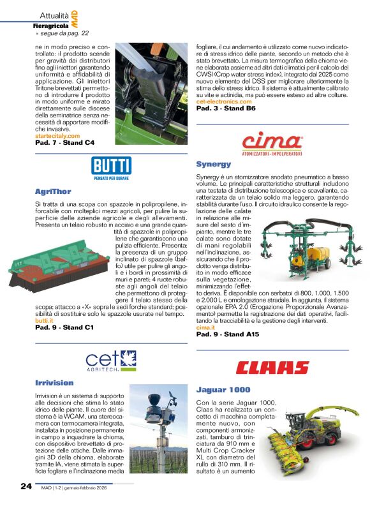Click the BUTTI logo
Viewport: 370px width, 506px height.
point(111,169)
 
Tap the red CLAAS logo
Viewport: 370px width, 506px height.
point(272,368)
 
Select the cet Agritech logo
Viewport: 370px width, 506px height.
point(111,361)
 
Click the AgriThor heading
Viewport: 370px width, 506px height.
point(53,191)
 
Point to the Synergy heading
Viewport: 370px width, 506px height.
point(213,164)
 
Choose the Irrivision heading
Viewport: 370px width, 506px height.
point(54,383)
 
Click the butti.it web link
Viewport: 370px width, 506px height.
point(43,321)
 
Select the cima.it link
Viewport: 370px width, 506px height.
point(205,327)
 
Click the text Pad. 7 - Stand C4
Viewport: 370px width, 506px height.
point(64,143)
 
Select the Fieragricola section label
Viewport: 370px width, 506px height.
point(51,26)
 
